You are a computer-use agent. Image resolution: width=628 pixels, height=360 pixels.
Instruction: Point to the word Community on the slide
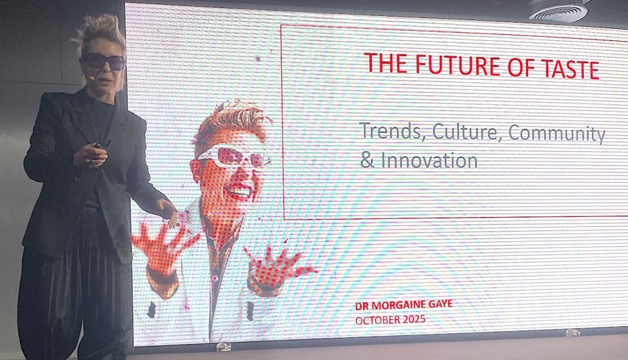click(x=557, y=134)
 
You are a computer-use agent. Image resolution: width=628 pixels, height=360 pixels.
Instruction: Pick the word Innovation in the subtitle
click(x=429, y=160)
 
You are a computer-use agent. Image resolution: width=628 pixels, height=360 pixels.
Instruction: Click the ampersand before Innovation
click(x=367, y=159)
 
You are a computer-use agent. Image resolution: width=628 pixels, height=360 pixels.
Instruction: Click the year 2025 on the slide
click(x=414, y=319)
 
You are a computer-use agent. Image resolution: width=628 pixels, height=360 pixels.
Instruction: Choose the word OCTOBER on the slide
click(x=378, y=320)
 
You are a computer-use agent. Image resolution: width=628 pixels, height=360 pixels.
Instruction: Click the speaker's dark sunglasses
click(x=104, y=61)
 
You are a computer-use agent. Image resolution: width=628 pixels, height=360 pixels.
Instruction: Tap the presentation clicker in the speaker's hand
click(x=102, y=145)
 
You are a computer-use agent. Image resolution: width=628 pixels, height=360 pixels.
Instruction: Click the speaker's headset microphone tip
click(x=92, y=78)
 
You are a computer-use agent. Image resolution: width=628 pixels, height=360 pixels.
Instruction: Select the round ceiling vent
click(x=559, y=11)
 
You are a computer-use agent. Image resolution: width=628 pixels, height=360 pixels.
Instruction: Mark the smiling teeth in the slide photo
click(x=240, y=191)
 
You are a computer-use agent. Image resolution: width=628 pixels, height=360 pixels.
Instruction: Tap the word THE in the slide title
click(x=385, y=63)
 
